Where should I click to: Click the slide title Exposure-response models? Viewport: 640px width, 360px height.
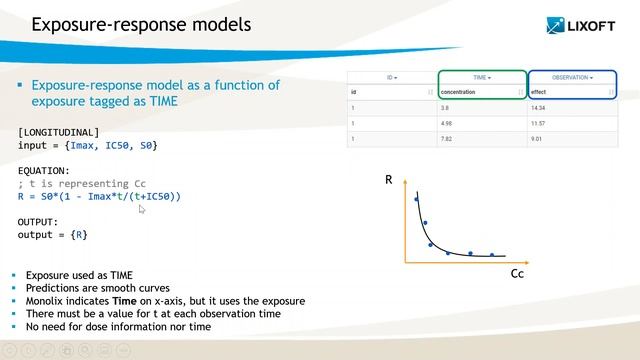tap(141, 23)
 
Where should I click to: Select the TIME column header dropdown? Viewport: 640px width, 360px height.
tap(482, 77)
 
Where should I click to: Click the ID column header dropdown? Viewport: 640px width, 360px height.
tap(392, 77)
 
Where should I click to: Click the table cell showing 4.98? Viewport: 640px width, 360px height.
tap(449, 123)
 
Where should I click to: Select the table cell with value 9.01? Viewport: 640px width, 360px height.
tap(539, 141)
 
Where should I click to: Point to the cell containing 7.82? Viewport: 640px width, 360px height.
tap(449, 141)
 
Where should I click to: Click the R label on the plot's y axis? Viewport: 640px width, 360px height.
tap(389, 181)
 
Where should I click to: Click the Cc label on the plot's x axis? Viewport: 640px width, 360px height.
tap(517, 272)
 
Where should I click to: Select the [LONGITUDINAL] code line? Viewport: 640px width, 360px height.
tap(59, 132)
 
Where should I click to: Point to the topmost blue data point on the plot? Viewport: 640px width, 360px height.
tap(417, 200)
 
